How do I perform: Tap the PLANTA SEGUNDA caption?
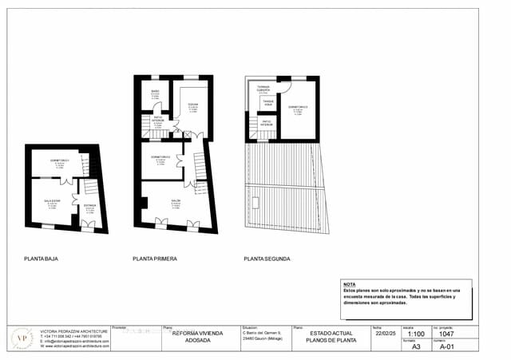click(267, 259)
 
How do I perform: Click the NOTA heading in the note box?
click(349, 284)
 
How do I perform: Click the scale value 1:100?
click(415, 335)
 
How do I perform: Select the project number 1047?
click(446, 335)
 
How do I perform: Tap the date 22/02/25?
click(384, 334)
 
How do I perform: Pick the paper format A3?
click(415, 347)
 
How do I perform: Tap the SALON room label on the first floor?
click(175, 200)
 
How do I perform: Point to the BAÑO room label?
click(156, 92)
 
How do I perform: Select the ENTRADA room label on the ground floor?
click(89, 205)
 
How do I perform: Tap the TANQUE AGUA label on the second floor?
click(268, 102)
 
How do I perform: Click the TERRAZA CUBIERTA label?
click(263, 88)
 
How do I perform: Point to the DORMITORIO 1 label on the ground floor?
click(60, 160)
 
